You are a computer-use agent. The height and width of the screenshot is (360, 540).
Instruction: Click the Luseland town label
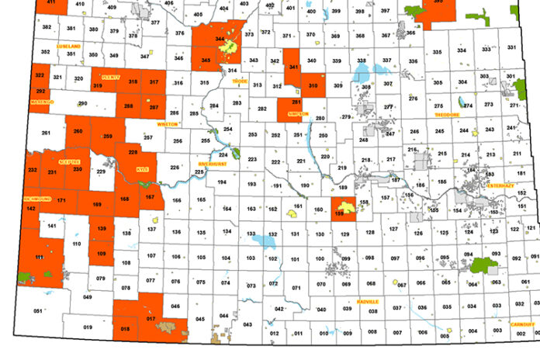point(68,47)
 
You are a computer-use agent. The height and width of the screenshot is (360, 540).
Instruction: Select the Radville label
point(369,301)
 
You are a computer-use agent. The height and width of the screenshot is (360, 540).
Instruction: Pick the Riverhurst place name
point(211,164)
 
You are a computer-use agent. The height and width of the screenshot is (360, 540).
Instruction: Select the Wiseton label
point(168,123)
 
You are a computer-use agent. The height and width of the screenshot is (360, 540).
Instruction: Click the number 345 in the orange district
point(206,60)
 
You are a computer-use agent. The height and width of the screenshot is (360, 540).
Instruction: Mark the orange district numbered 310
point(313,85)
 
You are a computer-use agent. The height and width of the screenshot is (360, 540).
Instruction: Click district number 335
point(436,52)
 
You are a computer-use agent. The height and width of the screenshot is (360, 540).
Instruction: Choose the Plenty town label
point(107,76)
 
